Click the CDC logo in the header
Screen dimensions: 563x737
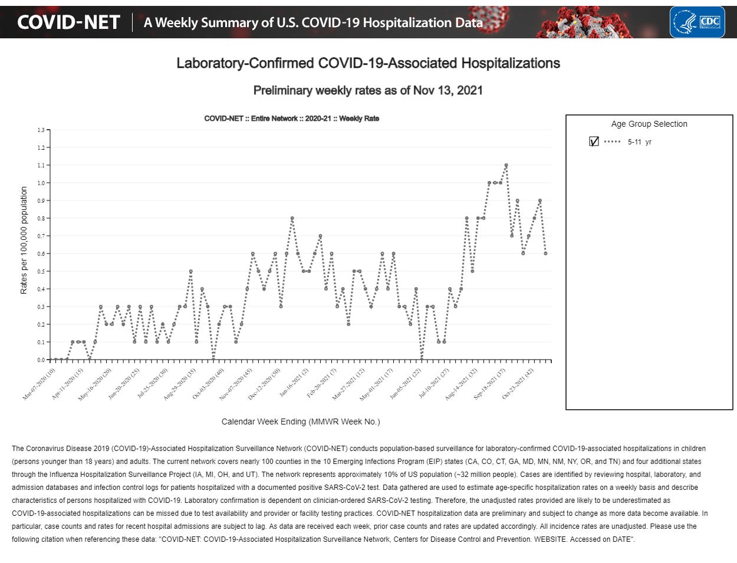tap(697, 22)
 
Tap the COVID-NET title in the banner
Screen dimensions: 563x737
tap(68, 22)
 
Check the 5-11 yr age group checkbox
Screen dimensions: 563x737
tap(594, 141)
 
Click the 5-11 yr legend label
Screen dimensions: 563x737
tap(640, 142)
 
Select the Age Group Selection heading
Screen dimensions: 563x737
tap(649, 124)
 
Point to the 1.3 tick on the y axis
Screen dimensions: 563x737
tap(41, 130)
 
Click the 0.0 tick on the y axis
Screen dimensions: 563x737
tap(41, 360)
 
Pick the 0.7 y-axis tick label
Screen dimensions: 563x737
tap(41, 236)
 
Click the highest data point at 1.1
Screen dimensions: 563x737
tap(506, 165)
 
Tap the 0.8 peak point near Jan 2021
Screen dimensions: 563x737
tap(292, 218)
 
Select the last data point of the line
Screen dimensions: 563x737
tap(545, 253)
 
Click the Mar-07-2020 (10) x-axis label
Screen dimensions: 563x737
tap(40, 384)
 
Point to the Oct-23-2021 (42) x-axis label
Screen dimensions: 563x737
tap(518, 384)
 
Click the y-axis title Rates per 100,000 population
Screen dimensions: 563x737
tap(24, 240)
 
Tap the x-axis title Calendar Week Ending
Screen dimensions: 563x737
tap(301, 422)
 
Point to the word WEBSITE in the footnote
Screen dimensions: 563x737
tap(552, 539)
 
